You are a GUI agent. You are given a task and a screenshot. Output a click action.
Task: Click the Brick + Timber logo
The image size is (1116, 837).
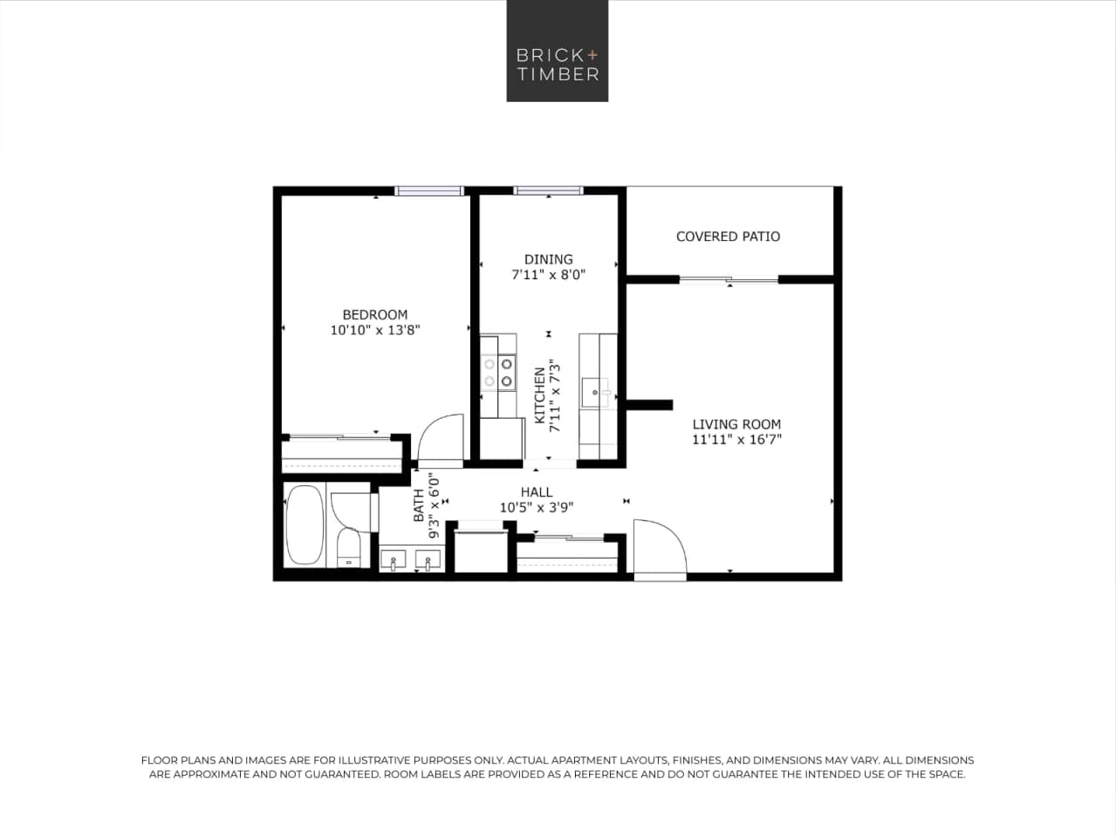point(558,51)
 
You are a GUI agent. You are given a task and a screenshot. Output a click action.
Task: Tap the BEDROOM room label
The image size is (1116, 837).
point(374,314)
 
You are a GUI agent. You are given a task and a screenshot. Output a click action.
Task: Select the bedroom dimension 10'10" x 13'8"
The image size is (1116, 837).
point(375,331)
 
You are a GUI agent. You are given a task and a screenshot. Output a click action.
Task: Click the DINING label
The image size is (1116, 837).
point(548,259)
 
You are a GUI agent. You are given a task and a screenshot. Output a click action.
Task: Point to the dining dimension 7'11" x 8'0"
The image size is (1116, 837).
point(548,274)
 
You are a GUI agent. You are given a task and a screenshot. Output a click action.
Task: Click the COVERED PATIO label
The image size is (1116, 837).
point(728,237)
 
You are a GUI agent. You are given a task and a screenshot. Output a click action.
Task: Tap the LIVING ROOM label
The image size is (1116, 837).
point(736,424)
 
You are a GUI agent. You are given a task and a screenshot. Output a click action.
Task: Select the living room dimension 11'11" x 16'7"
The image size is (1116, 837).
point(736,440)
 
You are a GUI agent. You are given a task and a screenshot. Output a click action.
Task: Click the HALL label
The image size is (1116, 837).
point(536,492)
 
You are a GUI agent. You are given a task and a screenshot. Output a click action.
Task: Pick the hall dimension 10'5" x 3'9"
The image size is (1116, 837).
point(536,507)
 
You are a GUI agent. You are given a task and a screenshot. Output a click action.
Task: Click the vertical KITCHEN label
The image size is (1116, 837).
point(540,394)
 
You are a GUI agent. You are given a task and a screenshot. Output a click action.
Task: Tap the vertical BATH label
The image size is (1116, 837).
point(419,505)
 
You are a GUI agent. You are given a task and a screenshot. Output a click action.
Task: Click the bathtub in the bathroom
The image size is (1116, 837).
point(304,525)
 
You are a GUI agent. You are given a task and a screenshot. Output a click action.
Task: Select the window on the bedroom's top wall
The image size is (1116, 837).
point(428,190)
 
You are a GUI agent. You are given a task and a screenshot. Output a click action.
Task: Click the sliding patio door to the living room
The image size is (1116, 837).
point(729,280)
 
